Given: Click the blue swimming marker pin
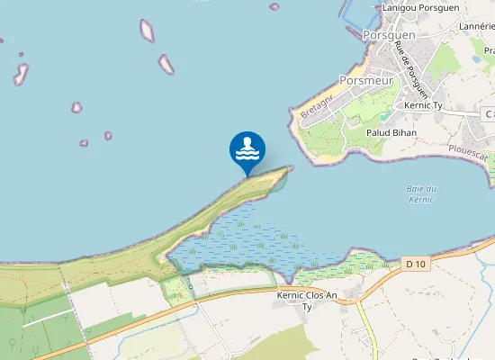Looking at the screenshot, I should point(247,150).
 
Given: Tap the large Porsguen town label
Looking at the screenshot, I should point(389,35).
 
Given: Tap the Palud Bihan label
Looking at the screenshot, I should point(389,133).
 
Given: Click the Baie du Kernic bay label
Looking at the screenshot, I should point(420,193).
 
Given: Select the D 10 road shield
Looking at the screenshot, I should point(414,264).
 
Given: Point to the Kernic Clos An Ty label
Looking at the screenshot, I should point(307,300).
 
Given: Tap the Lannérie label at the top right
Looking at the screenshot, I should point(477,27).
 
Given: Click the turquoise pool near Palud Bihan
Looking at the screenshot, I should point(385,116).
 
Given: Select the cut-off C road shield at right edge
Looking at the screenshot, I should point(489,114).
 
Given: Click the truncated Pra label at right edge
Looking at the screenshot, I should point(489,51).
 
